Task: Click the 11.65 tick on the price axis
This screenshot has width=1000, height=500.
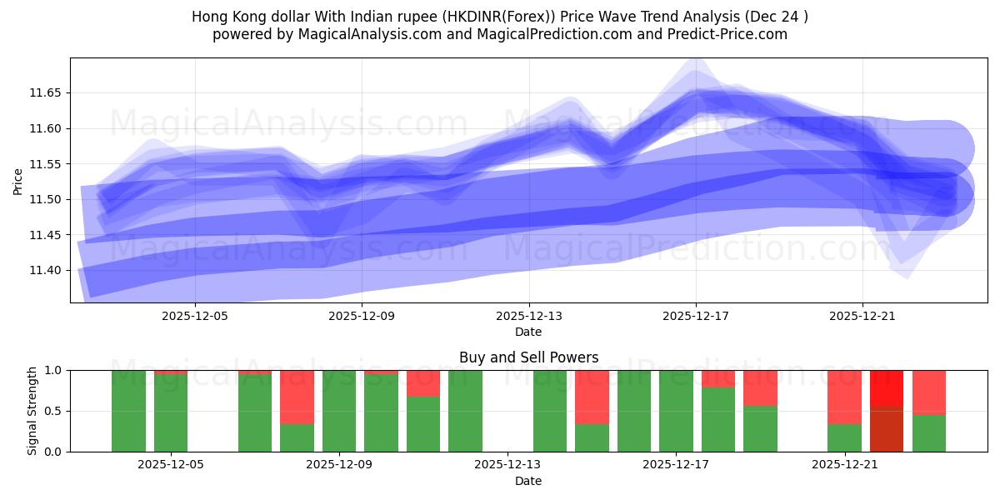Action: (47, 93)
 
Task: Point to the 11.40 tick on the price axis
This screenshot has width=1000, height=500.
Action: (47, 271)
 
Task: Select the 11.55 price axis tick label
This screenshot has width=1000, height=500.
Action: (47, 164)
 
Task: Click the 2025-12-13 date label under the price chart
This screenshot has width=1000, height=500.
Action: (529, 317)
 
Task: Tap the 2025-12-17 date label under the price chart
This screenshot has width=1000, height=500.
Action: (696, 317)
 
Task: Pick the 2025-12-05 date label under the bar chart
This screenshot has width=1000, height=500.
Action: (171, 465)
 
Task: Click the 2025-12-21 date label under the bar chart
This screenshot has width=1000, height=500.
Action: (846, 465)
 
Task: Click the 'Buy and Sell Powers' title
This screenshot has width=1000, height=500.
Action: (528, 357)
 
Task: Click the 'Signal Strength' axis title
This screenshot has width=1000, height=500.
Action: (32, 411)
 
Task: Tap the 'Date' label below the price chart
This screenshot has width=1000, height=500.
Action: (528, 332)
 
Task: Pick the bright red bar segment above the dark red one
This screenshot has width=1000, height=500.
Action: (887, 388)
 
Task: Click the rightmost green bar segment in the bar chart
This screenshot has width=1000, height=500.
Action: (929, 433)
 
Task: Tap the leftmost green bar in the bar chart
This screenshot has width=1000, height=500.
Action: (129, 411)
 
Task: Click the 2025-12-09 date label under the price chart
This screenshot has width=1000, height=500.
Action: (362, 317)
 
